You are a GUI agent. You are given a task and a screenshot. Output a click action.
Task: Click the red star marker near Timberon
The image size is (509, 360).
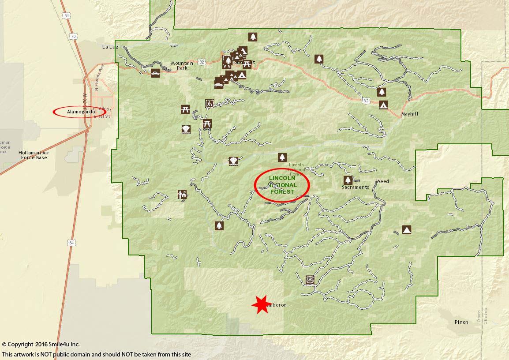tap(261, 304)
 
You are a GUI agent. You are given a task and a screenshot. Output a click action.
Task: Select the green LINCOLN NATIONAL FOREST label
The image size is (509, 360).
tap(283, 185)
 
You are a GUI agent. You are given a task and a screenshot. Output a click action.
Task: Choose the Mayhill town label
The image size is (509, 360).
tap(409, 114)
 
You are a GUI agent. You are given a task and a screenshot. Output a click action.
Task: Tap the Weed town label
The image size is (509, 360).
tap(382, 182)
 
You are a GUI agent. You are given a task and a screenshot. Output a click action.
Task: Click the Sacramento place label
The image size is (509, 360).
tap(355, 187)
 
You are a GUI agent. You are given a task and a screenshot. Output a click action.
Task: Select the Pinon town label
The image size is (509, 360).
tap(461, 322)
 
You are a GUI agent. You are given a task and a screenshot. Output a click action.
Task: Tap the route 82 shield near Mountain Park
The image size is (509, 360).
tap(202, 62)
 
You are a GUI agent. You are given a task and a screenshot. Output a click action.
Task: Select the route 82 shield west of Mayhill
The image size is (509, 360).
tap(366, 101)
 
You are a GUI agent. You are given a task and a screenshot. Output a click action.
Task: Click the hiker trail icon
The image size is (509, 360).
tap(210, 104)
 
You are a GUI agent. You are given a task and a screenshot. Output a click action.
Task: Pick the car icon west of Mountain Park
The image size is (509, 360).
tap(155, 73)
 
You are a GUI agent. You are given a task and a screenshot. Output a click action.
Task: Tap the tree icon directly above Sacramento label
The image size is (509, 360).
tap(348, 180)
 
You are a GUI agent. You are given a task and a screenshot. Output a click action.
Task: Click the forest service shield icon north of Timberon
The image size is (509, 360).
tap(311, 280)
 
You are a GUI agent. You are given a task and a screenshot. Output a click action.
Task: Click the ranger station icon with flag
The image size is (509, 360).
tap(182, 194)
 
